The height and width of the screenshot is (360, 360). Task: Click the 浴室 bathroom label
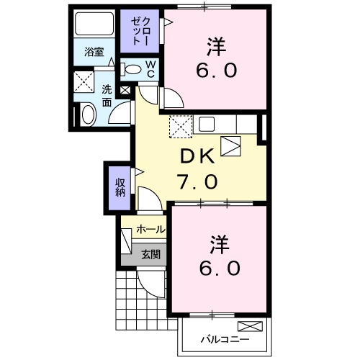[94, 52]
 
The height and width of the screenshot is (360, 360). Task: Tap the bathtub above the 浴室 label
[94, 27]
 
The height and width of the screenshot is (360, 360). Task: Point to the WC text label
[152, 69]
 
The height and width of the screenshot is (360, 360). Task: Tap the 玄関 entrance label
[150, 253]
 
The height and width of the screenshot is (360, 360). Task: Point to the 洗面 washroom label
[107, 95]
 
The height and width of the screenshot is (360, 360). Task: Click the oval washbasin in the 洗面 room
[89, 114]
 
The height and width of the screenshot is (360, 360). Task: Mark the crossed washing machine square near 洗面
[86, 81]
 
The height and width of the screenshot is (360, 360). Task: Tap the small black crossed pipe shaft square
[127, 90]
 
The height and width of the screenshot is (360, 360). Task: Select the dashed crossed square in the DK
[179, 126]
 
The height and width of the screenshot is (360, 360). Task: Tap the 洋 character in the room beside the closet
[217, 48]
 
